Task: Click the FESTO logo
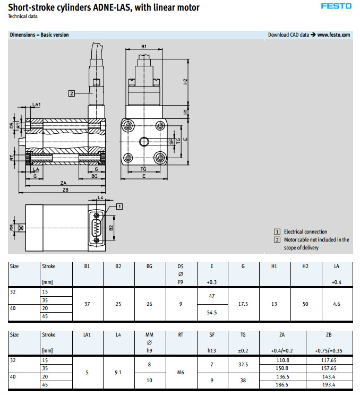(x=336, y=6)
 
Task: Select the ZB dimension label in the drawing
(x=65, y=190)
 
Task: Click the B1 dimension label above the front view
(x=144, y=47)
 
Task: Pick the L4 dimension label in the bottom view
(x=100, y=197)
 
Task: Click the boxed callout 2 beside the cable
(x=71, y=93)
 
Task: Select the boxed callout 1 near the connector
(x=119, y=206)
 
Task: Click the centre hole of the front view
(x=144, y=141)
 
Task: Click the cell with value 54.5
(x=212, y=312)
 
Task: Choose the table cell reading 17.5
(x=243, y=304)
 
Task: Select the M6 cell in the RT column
(x=181, y=372)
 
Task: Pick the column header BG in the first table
(x=149, y=266)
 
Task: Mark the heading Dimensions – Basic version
(x=39, y=35)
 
